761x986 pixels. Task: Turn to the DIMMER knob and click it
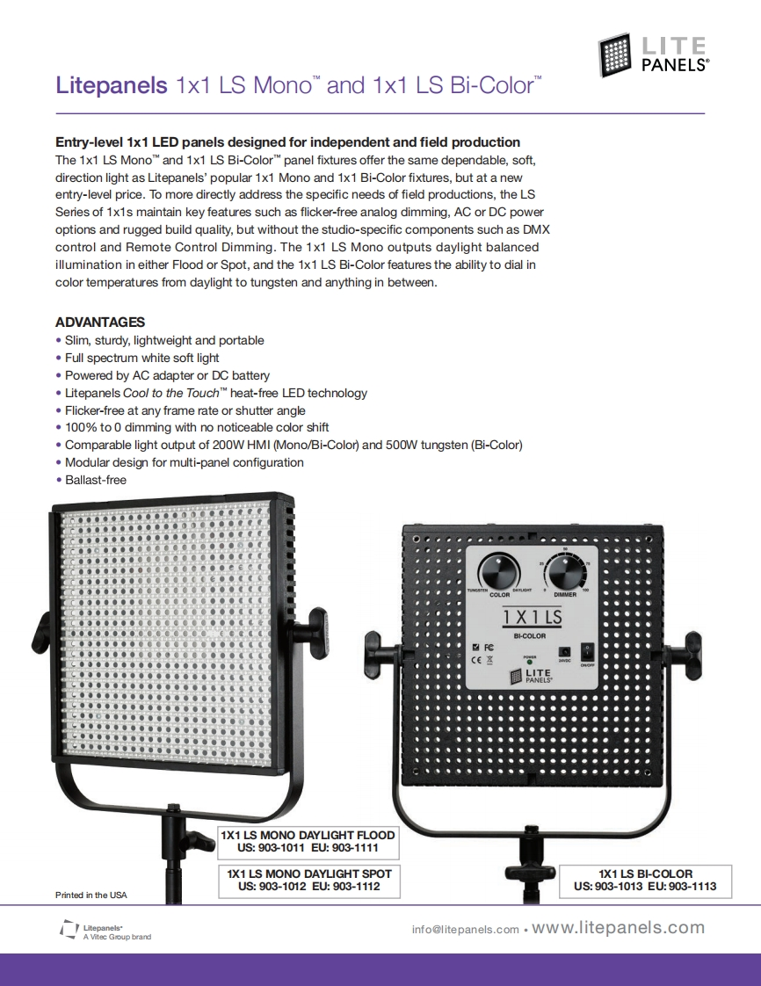pyautogui.click(x=565, y=576)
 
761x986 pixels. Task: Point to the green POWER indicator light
pyautogui.click(x=529, y=663)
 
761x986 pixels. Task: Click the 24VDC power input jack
pyautogui.click(x=563, y=651)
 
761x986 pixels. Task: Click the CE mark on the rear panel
pyautogui.click(x=475, y=658)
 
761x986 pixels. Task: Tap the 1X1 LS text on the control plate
pyautogui.click(x=532, y=617)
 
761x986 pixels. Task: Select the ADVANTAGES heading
pyautogui.click(x=100, y=322)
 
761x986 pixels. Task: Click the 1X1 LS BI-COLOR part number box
pyautogui.click(x=645, y=881)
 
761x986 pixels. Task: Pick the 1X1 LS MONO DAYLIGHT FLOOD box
pyautogui.click(x=308, y=841)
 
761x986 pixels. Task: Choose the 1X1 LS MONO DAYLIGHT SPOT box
pyautogui.click(x=308, y=881)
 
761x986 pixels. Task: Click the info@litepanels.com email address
pyautogui.click(x=465, y=930)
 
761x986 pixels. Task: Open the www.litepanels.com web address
pyautogui.click(x=619, y=928)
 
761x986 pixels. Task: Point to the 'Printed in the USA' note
pyautogui.click(x=91, y=895)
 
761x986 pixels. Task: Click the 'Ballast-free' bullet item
pyautogui.click(x=95, y=480)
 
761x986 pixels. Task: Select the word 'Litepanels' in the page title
pyautogui.click(x=111, y=86)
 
